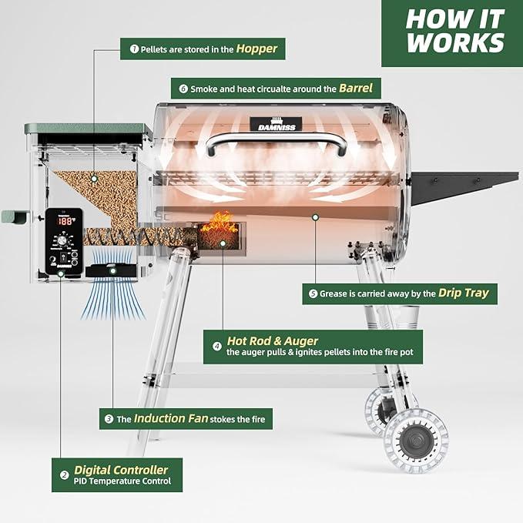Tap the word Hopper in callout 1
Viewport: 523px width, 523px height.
tap(256, 49)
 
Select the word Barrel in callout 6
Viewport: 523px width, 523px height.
tap(355, 88)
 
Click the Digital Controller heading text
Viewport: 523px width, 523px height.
tap(120, 469)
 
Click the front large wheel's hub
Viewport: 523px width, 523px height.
tap(416, 440)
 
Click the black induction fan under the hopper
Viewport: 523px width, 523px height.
tap(112, 270)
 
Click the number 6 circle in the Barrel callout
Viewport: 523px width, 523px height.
tap(183, 89)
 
